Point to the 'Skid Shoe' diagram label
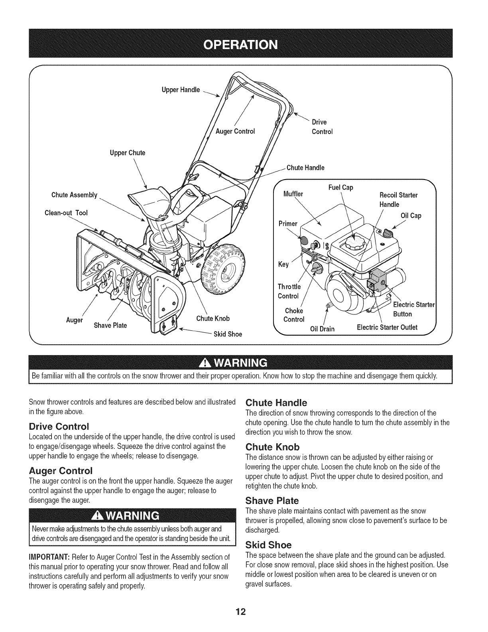pyautogui.click(x=228, y=334)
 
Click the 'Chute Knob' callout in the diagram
pyautogui.click(x=213, y=318)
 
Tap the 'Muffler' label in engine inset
pyautogui.click(x=293, y=194)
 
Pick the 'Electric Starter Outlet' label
pyautogui.click(x=387, y=328)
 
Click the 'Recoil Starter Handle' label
pyautogui.click(x=398, y=199)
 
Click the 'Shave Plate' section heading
pyautogui.click(x=272, y=500)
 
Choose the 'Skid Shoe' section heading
pyautogui.click(x=269, y=545)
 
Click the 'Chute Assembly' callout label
pyautogui.click(x=75, y=195)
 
